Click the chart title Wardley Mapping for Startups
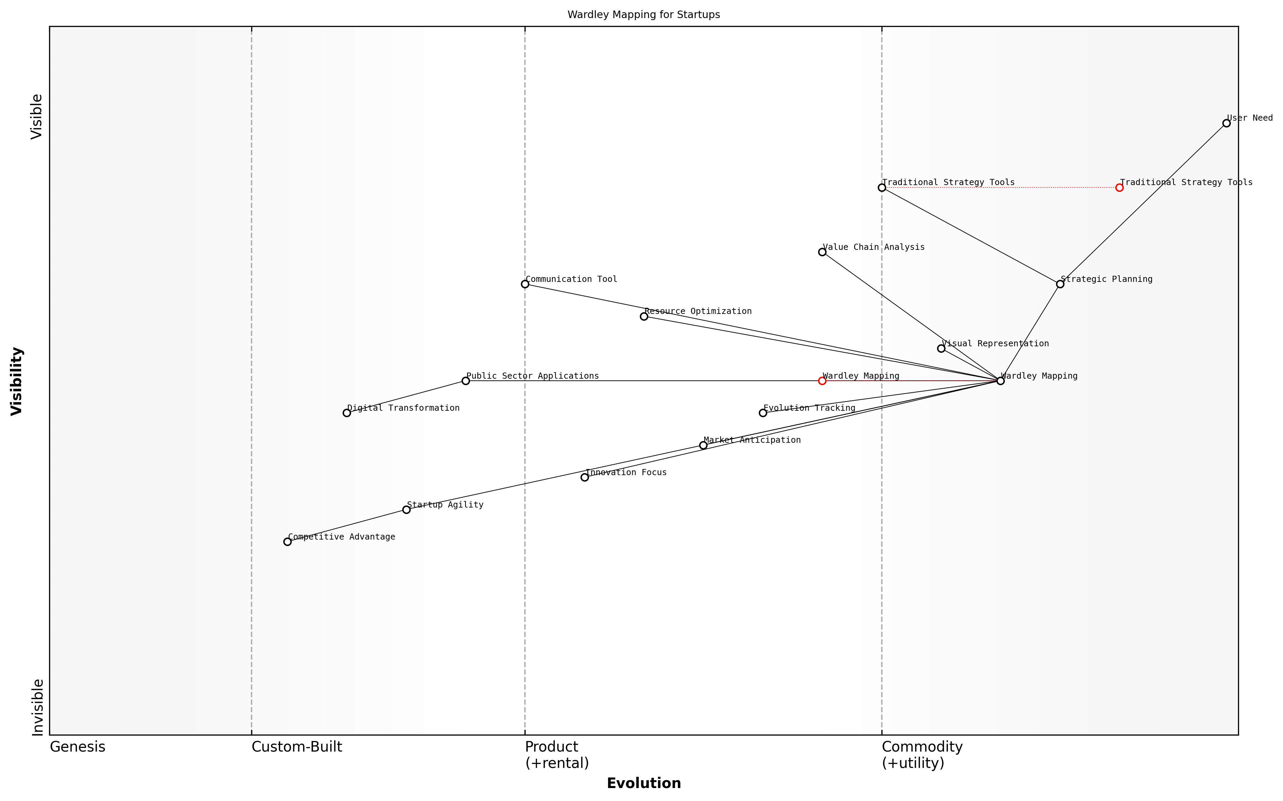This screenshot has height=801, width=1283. [644, 15]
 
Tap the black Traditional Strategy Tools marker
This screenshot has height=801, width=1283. [881, 187]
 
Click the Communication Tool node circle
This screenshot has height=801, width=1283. [525, 284]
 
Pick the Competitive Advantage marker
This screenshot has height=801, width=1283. [287, 541]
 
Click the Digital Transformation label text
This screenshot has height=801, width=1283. [403, 408]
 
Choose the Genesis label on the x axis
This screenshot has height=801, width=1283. [77, 747]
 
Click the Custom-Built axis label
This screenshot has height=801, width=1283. [297, 747]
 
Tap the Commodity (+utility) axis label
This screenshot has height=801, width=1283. [922, 754]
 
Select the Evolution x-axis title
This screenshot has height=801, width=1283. [644, 783]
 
